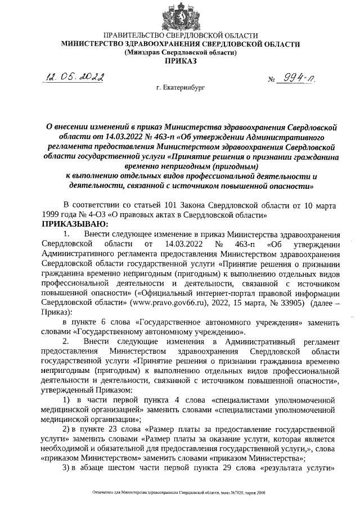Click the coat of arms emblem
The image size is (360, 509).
pos(181,15)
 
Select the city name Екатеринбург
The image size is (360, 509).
pos(181,89)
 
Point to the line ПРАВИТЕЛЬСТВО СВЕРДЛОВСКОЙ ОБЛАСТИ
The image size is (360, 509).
pos(181,35)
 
